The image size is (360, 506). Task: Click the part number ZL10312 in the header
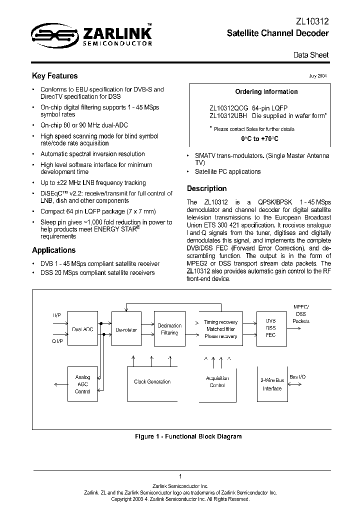[x=311, y=21]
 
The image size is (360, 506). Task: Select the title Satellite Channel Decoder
[x=277, y=33]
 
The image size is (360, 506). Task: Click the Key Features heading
[x=54, y=76]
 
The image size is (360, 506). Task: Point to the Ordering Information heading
[x=266, y=91]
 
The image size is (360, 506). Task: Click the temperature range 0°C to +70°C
[x=259, y=138]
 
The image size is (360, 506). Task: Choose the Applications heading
[x=53, y=250]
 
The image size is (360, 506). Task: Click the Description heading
[x=206, y=188]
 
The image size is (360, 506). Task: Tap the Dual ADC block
[x=82, y=329]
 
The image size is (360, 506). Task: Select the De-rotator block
[x=126, y=329]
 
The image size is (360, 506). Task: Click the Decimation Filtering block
[x=169, y=329]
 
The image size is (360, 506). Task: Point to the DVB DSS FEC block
[x=270, y=328]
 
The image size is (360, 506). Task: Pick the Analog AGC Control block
[x=82, y=384]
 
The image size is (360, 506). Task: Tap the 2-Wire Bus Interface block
[x=272, y=384]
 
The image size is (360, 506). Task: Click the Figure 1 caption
[x=188, y=436]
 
